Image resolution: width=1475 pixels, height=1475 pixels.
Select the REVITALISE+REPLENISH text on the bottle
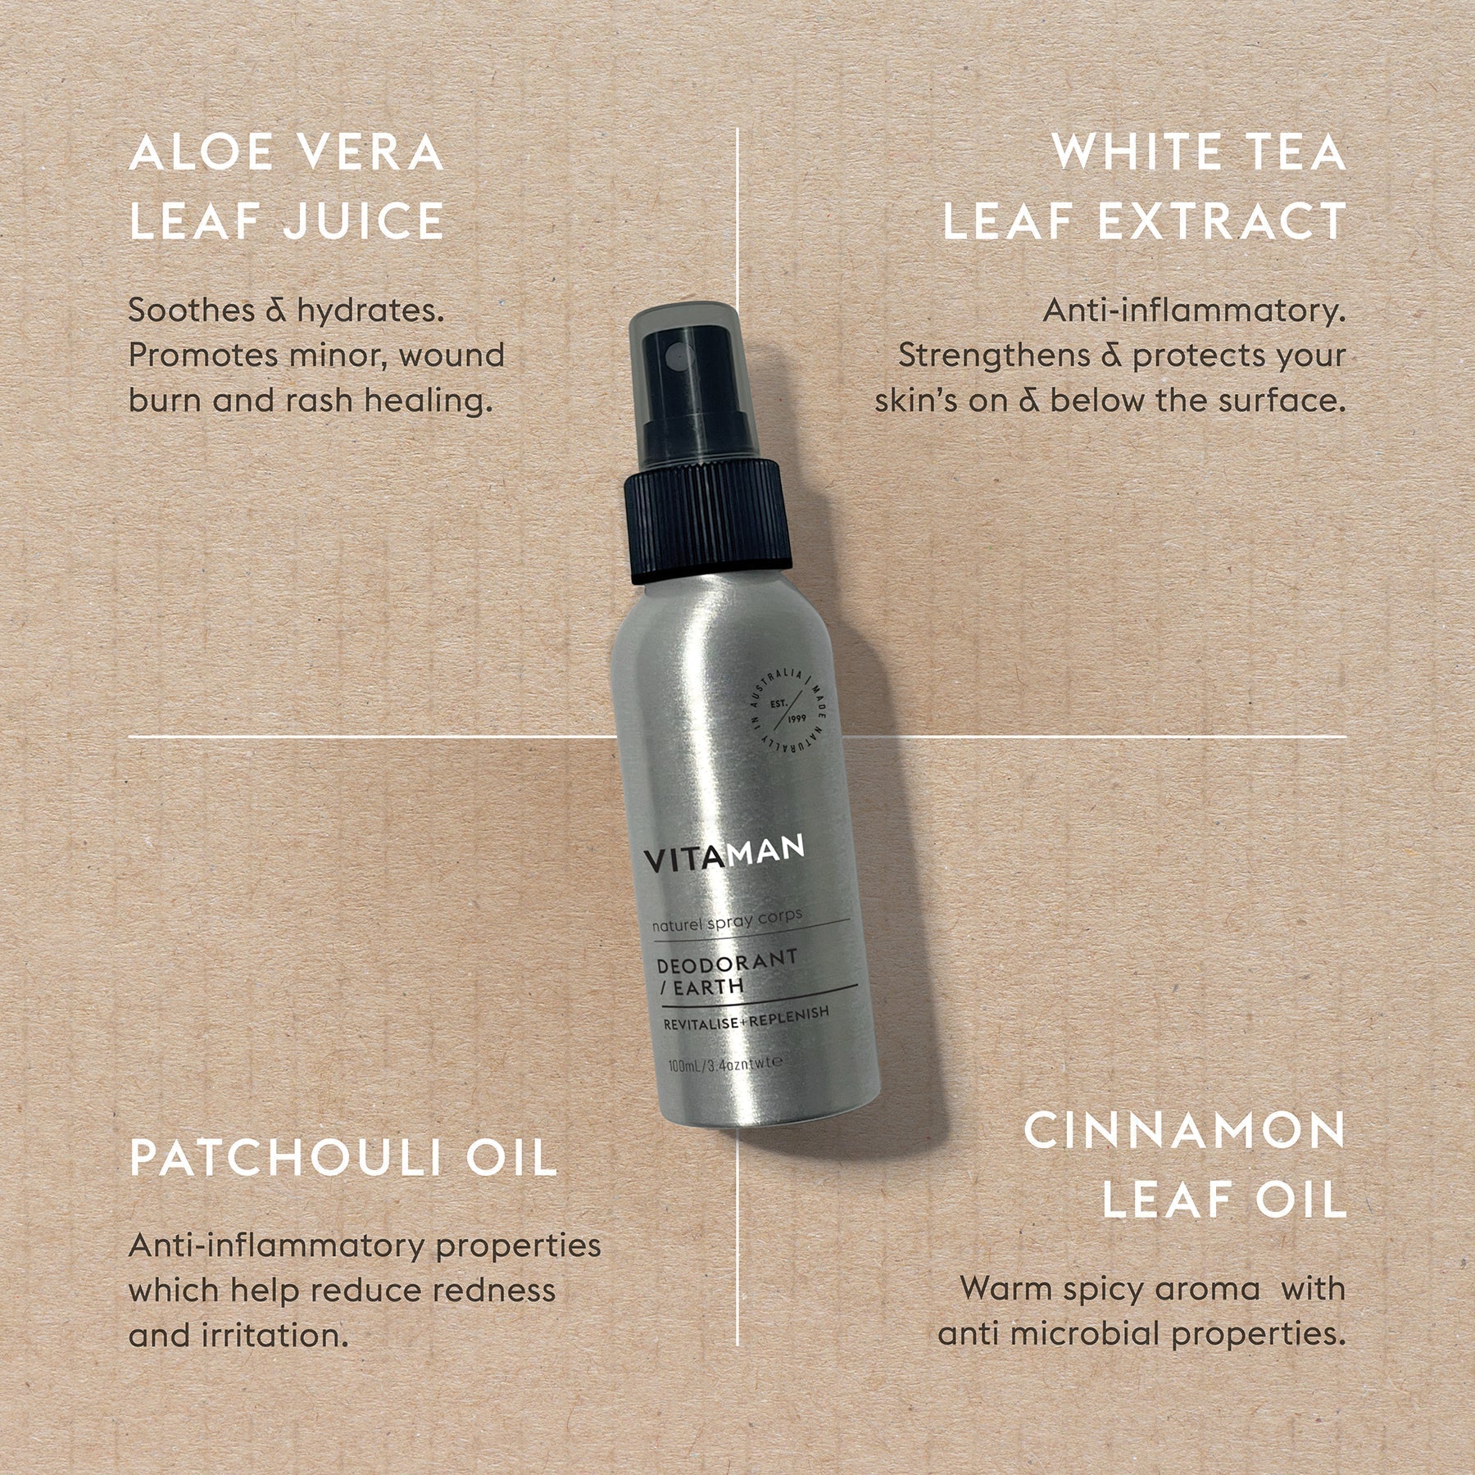(746, 1020)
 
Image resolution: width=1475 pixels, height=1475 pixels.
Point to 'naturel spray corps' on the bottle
(727, 919)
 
